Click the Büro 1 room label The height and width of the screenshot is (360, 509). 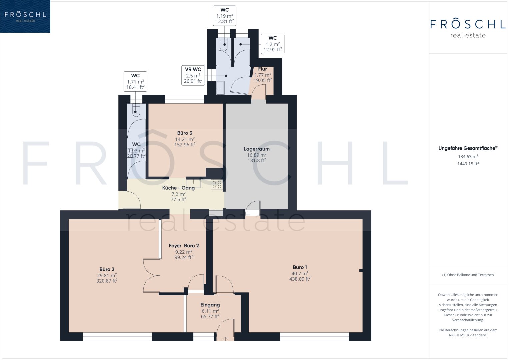[300, 267]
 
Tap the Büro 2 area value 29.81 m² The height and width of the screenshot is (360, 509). [107, 275]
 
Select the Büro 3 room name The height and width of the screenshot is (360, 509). [185, 133]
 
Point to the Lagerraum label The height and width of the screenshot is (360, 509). [257, 149]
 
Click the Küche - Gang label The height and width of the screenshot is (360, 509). [178, 188]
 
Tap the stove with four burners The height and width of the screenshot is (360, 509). [217, 185]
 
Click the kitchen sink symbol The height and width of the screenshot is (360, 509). [193, 183]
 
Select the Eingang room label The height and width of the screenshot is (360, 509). [210, 305]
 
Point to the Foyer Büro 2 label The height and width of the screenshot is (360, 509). [184, 246]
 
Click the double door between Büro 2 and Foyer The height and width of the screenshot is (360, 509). [152, 275]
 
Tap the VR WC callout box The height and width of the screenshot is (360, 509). [193, 75]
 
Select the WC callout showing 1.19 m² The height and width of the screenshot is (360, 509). [225, 16]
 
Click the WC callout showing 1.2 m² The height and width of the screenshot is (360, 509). [273, 44]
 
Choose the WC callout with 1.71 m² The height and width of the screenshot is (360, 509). [135, 82]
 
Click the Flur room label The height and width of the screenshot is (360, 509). [262, 69]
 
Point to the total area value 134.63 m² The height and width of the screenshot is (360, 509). [468, 156]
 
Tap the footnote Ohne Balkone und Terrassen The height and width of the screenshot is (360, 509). [468, 275]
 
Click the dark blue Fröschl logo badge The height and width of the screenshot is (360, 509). [25, 16]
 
